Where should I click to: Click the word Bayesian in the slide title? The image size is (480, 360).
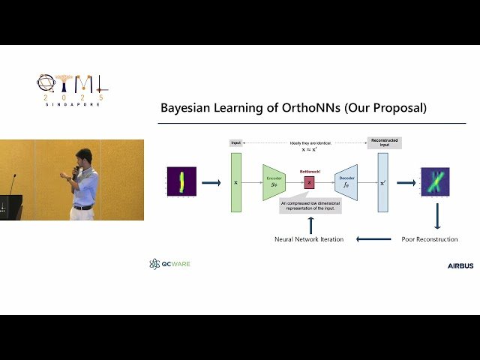tap(187, 108)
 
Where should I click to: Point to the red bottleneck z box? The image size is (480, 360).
tap(309, 181)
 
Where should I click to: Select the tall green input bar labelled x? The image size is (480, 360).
tap(236, 182)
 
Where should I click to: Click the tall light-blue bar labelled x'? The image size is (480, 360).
tap(382, 182)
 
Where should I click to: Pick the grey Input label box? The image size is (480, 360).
tap(236, 142)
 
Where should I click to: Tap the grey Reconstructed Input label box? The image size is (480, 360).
tap(384, 142)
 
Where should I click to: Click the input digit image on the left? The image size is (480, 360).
tap(181, 182)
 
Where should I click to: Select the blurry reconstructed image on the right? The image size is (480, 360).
tap(434, 182)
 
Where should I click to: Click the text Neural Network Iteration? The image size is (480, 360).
tap(309, 239)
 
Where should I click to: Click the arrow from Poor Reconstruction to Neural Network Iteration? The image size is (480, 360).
tap(373, 239)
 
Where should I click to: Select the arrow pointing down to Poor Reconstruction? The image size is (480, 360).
tap(436, 217)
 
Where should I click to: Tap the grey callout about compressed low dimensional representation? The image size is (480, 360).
tap(310, 205)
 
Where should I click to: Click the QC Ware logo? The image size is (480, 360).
tap(169, 264)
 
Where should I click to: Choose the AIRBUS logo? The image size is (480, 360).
tap(460, 265)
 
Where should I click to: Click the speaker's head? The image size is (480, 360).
tap(82, 156)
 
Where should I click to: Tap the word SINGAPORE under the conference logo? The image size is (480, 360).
tap(73, 104)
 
